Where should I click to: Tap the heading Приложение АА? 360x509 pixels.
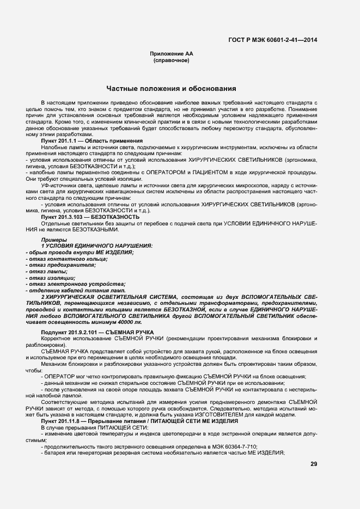(171, 54)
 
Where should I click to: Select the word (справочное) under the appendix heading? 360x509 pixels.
(171, 60)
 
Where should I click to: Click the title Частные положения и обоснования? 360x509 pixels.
(171, 88)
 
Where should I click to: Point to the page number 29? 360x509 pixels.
(314, 464)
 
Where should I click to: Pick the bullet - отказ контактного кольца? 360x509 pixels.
(66, 259)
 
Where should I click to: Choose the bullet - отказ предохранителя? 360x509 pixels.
(64, 265)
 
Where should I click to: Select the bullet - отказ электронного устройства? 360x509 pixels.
(75, 284)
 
